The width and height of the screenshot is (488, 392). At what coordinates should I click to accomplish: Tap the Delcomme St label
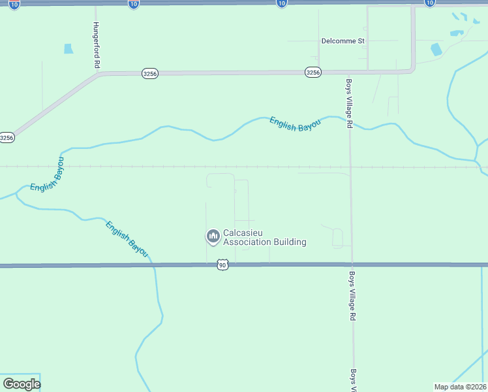pyautogui.click(x=343, y=41)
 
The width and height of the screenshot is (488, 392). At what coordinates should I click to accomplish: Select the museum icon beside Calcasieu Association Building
pyautogui.click(x=213, y=237)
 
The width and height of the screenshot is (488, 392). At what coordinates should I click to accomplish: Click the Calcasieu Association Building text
pyautogui.click(x=264, y=237)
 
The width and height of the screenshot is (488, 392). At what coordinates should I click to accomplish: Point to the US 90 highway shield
pyautogui.click(x=223, y=265)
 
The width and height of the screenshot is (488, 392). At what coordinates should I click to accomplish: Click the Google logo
pyautogui.click(x=22, y=384)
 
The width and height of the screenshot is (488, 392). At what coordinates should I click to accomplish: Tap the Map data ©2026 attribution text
pyautogui.click(x=460, y=387)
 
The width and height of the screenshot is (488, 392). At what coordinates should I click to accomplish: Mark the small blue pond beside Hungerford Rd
pyautogui.click(x=69, y=48)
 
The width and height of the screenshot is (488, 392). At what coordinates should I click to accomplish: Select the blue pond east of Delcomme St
pyautogui.click(x=436, y=49)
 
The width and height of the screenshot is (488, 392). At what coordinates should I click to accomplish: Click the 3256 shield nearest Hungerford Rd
pyautogui.click(x=149, y=74)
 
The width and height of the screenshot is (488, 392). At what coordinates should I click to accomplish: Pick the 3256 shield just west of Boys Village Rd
pyautogui.click(x=313, y=73)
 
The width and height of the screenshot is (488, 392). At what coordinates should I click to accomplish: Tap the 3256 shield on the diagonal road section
pyautogui.click(x=7, y=138)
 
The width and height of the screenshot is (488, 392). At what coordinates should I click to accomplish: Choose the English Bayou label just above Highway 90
pyautogui.click(x=127, y=238)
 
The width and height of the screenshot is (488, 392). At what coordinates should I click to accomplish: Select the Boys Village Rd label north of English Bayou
pyautogui.click(x=350, y=103)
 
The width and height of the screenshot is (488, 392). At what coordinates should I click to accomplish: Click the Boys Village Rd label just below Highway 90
pyautogui.click(x=352, y=295)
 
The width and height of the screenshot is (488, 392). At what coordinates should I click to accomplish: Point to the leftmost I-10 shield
pyautogui.click(x=14, y=4)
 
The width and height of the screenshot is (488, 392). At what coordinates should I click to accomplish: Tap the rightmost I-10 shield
pyautogui.click(x=429, y=3)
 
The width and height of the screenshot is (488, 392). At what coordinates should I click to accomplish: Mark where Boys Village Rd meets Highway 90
pyautogui.click(x=351, y=265)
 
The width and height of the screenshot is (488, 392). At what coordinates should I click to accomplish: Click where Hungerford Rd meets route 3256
pyautogui.click(x=97, y=74)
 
